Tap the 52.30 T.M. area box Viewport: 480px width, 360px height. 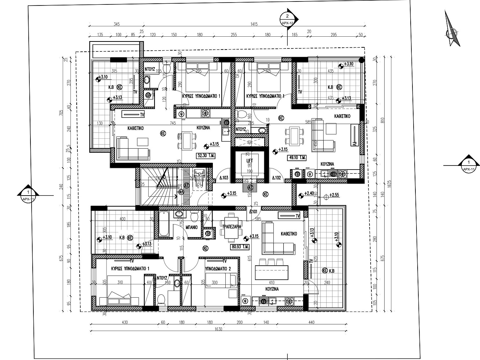click(x=206, y=156)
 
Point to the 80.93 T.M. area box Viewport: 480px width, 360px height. click(x=240, y=247)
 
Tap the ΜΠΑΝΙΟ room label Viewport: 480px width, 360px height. click(x=192, y=227)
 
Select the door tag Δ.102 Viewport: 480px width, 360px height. click(x=276, y=178)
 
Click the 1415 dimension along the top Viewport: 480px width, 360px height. click(x=254, y=24)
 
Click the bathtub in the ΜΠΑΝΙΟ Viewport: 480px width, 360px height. click(x=164, y=223)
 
